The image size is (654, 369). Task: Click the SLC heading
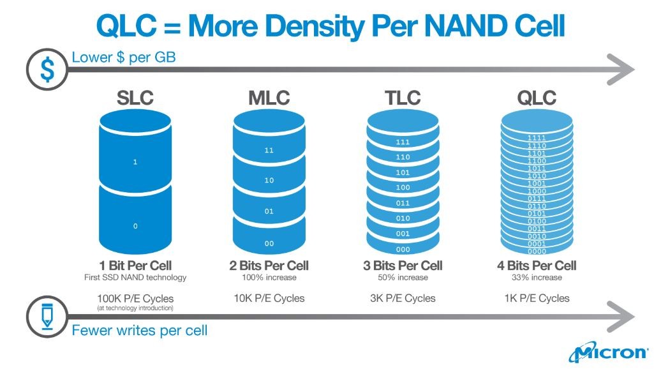pos(135,98)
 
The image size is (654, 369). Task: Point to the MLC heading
pos(269,98)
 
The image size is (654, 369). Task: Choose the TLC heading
pos(403,98)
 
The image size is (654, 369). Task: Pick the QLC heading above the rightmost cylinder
pos(537,98)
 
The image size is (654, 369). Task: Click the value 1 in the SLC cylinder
pos(135,162)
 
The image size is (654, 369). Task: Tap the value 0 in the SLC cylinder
pos(135,227)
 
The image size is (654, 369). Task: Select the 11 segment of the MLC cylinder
pos(269,151)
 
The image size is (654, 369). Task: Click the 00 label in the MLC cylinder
pos(269,243)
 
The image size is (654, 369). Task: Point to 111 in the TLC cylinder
pos(403,142)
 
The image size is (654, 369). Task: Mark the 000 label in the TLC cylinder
pos(403,250)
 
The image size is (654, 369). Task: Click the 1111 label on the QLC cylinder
pos(537,138)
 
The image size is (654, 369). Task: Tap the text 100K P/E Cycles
pos(135,298)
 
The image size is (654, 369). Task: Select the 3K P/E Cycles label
pos(403,298)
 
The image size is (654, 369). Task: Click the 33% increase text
pos(537,278)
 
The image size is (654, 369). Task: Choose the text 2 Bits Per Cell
pos(269,266)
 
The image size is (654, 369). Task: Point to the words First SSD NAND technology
pos(135,278)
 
